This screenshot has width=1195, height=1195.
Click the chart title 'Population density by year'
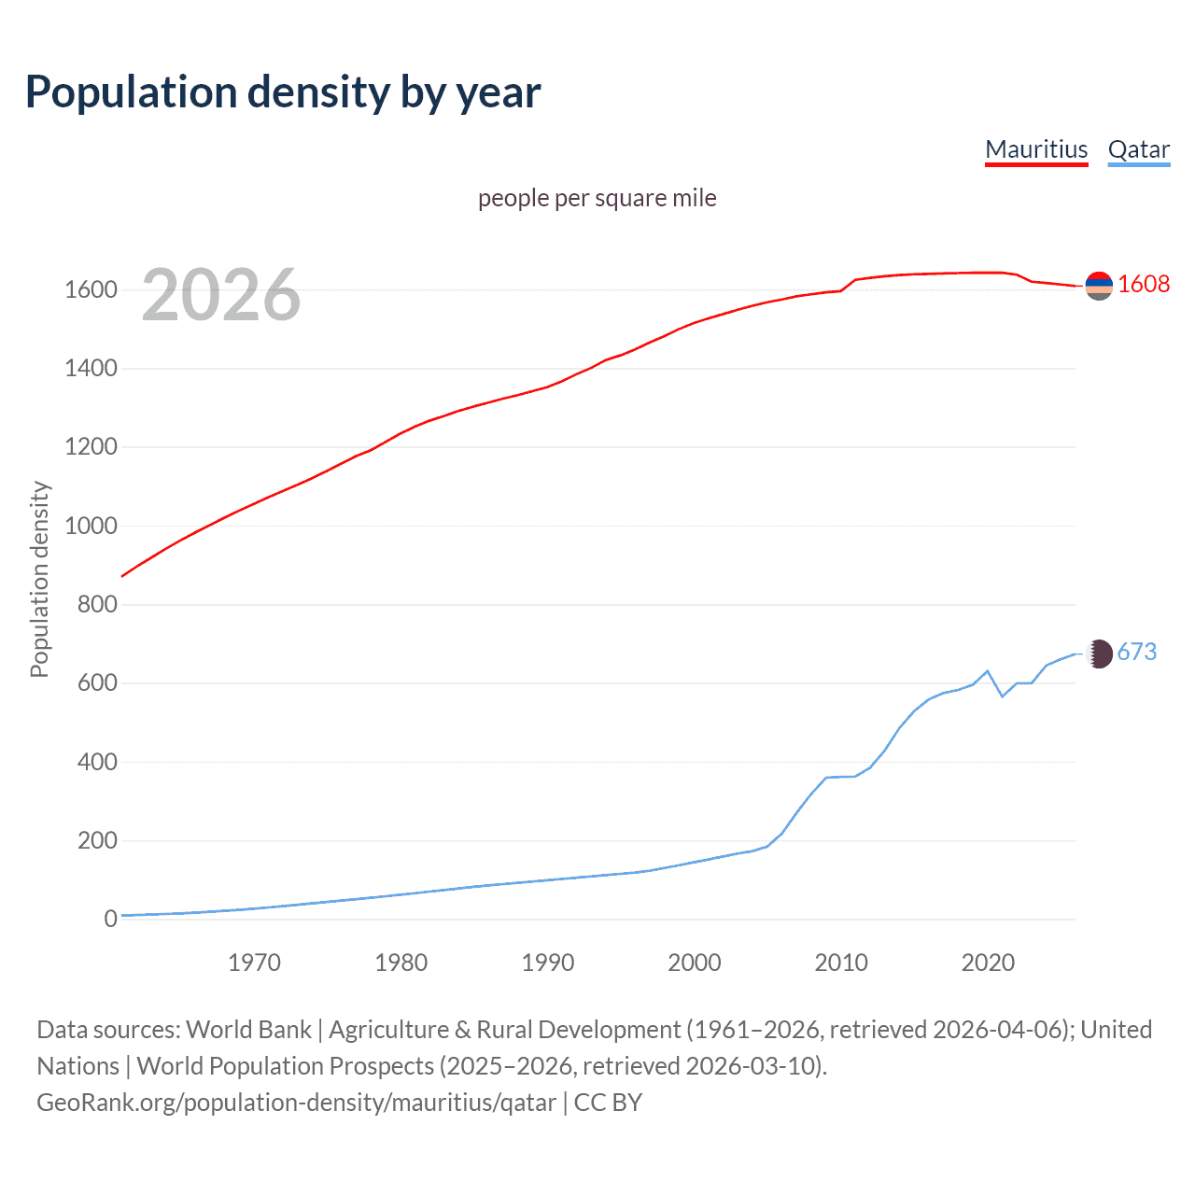[x=283, y=92]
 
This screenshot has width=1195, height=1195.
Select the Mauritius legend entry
[x=1036, y=149]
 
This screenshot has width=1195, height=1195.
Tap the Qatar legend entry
[x=1138, y=149]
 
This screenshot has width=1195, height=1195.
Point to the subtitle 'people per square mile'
[x=597, y=198]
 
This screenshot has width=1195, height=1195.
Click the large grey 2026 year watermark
[x=221, y=295]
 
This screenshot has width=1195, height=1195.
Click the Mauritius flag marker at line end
[x=1099, y=286]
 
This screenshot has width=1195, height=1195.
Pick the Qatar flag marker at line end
[x=1099, y=654]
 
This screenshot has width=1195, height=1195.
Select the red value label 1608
[x=1143, y=284]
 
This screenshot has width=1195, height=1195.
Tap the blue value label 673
[x=1136, y=652]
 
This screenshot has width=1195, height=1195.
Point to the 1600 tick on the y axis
[x=91, y=290]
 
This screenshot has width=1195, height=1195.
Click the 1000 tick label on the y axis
[x=91, y=527]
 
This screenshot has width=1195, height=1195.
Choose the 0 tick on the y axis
[x=110, y=920]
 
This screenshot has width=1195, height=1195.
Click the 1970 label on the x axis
[x=254, y=963]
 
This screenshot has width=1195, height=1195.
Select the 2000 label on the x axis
[x=695, y=963]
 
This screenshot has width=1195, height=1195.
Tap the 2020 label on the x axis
[x=988, y=963]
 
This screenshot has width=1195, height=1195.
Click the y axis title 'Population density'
[x=39, y=579]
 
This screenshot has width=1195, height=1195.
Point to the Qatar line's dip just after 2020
[x=1002, y=696]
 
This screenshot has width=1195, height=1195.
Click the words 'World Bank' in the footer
[x=248, y=1030]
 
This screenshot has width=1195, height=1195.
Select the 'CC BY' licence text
[x=608, y=1103]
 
